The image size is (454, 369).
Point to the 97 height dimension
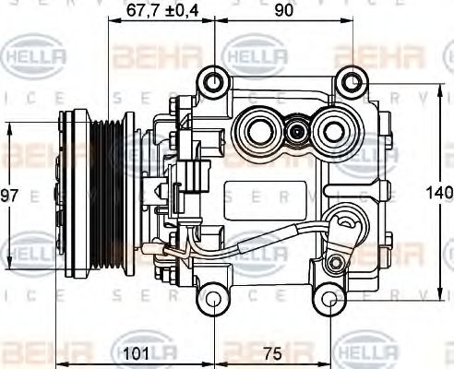coord(9,196)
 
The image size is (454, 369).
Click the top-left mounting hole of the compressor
coord(215,81)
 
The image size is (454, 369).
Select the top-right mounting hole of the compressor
coord(349,81)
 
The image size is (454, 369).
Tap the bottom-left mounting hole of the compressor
coord(212,301)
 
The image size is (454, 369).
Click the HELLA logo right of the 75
coord(364,352)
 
